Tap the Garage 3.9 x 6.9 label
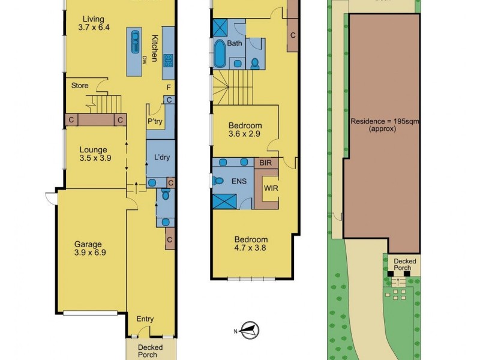pyautogui.click(x=90, y=248)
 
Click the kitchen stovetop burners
pyautogui.click(x=169, y=60)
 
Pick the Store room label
pyautogui.click(x=80, y=86)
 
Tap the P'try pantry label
pyautogui.click(x=155, y=121)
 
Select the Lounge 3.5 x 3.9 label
pyautogui.click(x=92, y=154)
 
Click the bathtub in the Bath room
pyautogui.click(x=218, y=53)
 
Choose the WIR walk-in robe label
pyautogui.click(x=271, y=188)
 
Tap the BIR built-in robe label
pyautogui.click(x=263, y=163)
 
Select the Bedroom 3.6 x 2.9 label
pyautogui.click(x=245, y=130)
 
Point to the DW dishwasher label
pyautogui.click(x=145, y=59)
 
